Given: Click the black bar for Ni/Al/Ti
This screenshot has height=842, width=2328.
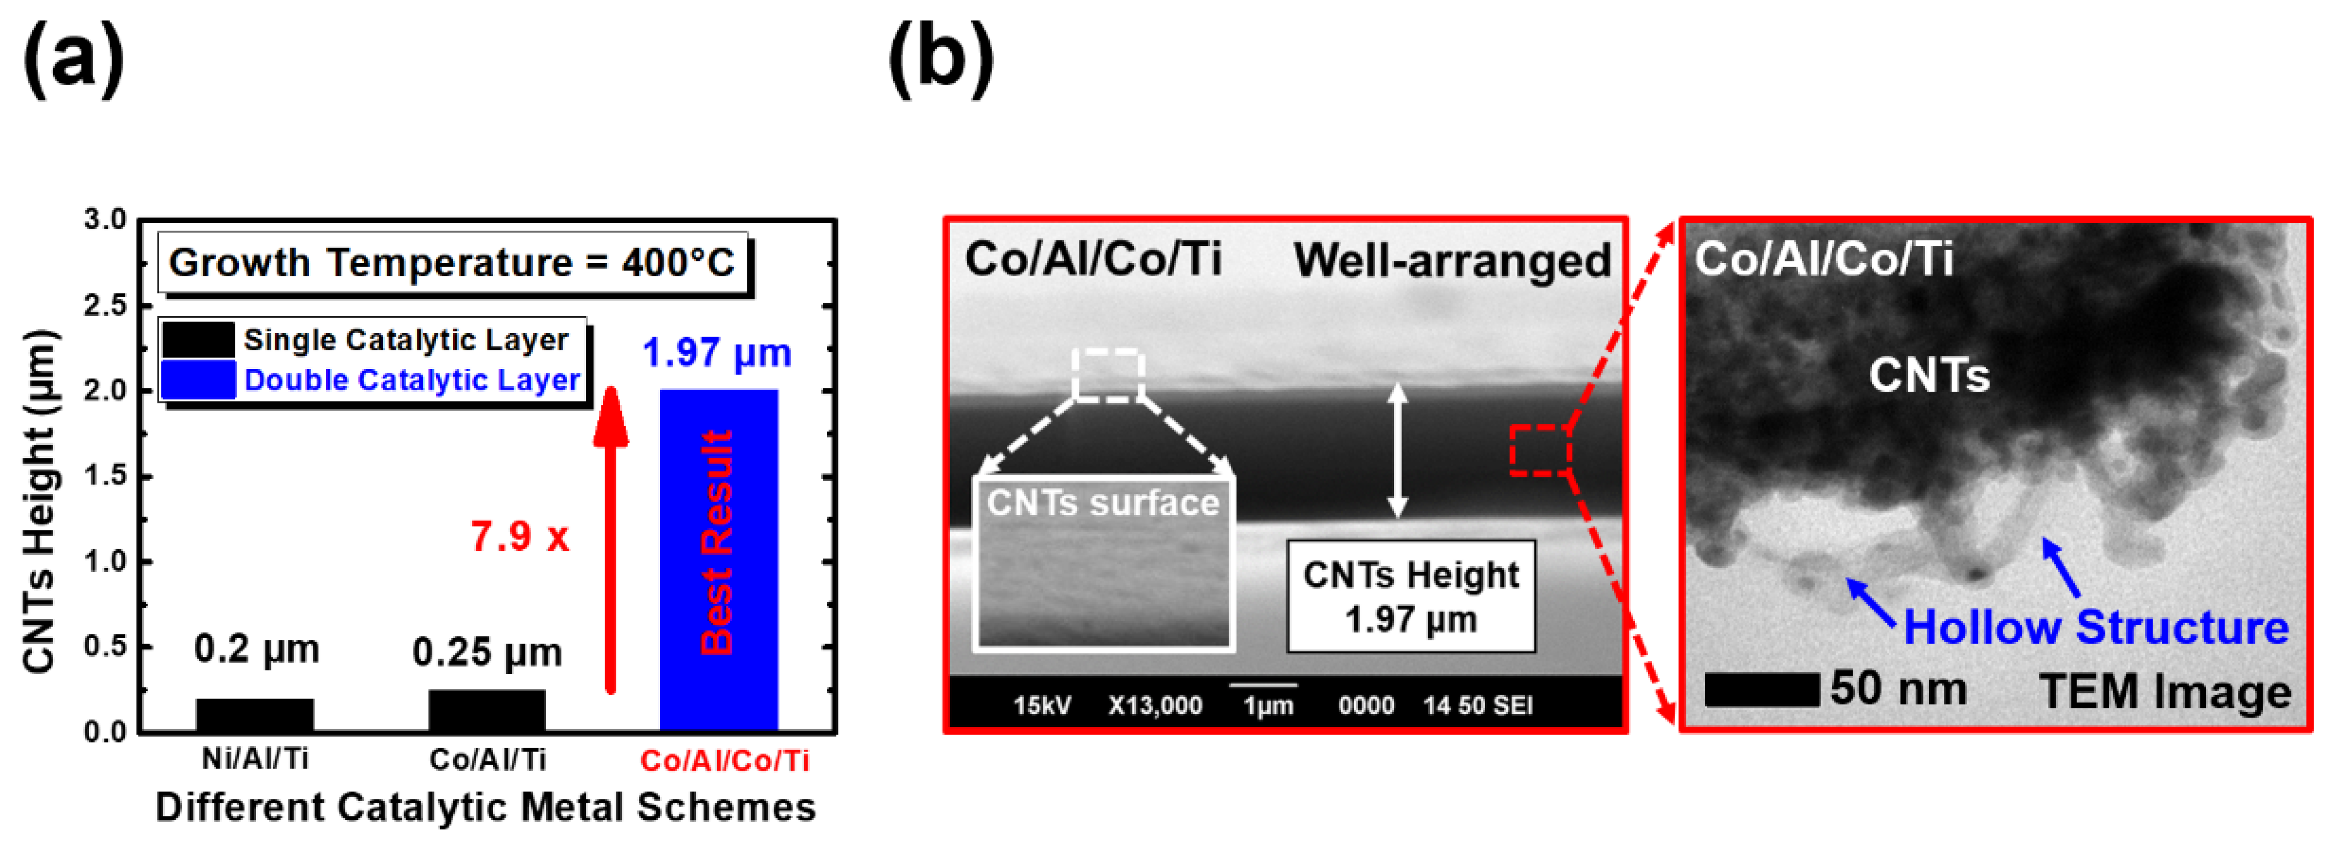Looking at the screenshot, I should [x=255, y=714].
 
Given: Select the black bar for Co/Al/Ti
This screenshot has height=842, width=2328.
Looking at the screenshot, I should [x=487, y=709].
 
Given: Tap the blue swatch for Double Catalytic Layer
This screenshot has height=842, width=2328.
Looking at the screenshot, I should [x=198, y=380].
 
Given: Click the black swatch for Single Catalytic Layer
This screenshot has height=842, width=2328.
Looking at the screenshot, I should [x=198, y=340].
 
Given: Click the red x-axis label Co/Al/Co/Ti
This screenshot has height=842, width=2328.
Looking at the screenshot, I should [x=724, y=760].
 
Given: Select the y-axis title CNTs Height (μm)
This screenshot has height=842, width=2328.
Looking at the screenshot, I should [x=40, y=502].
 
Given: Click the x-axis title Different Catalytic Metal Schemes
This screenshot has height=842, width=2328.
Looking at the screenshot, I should [x=485, y=807].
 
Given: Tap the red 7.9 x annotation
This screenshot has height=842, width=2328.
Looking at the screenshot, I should [x=520, y=536].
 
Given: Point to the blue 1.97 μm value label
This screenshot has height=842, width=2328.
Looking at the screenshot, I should [x=717, y=352].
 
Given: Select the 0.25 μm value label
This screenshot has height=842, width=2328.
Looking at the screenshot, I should [x=487, y=651].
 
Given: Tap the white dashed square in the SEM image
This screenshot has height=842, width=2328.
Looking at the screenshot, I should [x=1108, y=374].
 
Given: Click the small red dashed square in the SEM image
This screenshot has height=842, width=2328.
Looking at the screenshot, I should [x=1540, y=450].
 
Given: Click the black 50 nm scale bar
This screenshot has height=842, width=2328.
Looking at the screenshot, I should [x=1761, y=690].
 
